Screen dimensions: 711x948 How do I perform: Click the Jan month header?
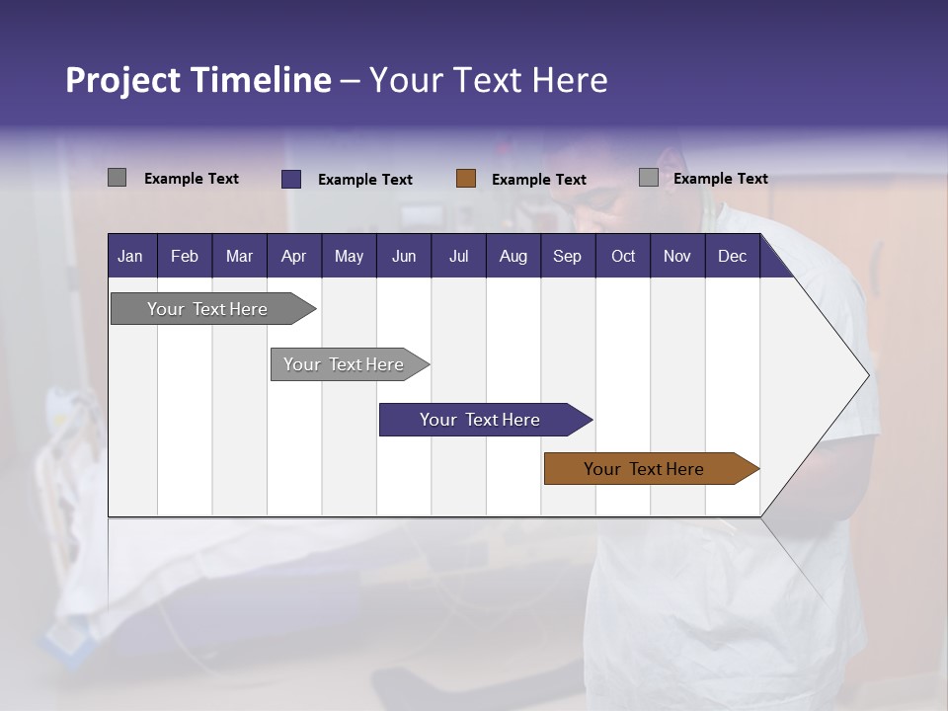click(130, 257)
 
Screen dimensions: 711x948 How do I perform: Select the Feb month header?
click(185, 257)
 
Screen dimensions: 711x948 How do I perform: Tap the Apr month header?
click(293, 257)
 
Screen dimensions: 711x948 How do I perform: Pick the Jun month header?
click(404, 257)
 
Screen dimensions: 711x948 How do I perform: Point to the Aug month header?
click(513, 257)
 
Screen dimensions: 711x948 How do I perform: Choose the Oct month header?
click(623, 257)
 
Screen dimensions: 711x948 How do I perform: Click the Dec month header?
click(732, 257)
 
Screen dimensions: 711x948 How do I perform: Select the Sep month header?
click(567, 257)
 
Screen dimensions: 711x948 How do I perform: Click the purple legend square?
click(291, 179)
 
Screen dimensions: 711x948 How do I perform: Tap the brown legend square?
click(466, 179)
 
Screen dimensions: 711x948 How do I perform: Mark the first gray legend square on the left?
click(117, 178)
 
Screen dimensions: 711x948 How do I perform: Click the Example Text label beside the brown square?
click(539, 180)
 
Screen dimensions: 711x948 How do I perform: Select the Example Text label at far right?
click(720, 179)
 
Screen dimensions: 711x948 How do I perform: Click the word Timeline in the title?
click(260, 80)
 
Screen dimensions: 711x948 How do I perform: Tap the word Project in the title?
click(122, 80)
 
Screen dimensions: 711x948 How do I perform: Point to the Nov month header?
click(677, 257)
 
